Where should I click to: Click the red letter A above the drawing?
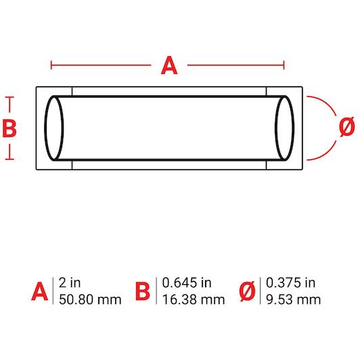(169, 66)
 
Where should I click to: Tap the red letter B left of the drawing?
(9, 129)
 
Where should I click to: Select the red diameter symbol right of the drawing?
(347, 127)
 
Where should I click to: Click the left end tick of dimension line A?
(51, 65)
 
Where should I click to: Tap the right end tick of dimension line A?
(284, 65)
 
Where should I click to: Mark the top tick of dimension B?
(9, 97)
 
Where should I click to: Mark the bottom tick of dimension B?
(9, 158)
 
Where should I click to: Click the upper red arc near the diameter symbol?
(328, 103)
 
